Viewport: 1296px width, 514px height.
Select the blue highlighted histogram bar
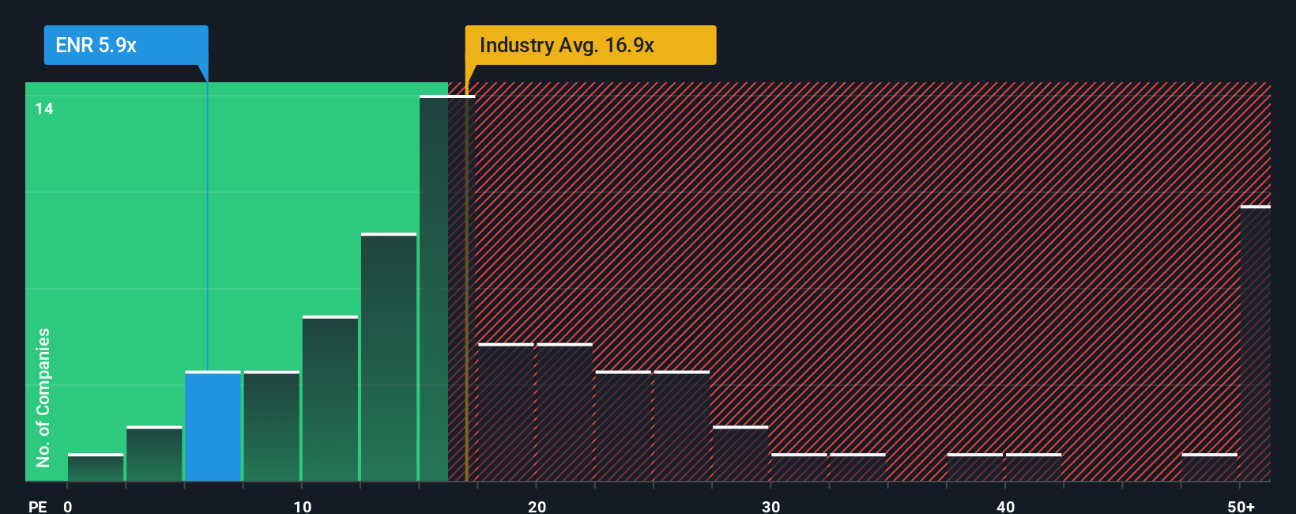[213, 426]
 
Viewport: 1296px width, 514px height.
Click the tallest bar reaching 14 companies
[434, 289]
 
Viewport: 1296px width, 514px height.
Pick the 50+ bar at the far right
[1255, 344]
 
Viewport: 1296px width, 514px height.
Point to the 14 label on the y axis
[44, 108]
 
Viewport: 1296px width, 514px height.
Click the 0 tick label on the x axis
[68, 506]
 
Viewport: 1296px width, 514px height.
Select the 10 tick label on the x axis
[302, 506]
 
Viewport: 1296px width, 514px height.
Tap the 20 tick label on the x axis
[537, 506]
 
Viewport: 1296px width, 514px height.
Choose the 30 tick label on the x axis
[770, 506]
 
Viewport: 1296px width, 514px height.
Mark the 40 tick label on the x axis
[1005, 506]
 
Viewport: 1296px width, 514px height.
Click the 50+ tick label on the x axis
[1240, 506]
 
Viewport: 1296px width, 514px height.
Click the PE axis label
[37, 506]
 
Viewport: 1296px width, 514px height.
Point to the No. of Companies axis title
[43, 397]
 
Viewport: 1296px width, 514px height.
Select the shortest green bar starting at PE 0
[96, 467]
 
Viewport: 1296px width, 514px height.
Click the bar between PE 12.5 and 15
[389, 357]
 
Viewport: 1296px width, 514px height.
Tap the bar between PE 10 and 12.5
[330, 399]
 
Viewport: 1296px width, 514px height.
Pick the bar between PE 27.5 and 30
[740, 454]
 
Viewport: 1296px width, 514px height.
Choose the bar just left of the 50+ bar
[1209, 467]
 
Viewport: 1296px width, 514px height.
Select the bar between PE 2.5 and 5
[154, 454]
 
